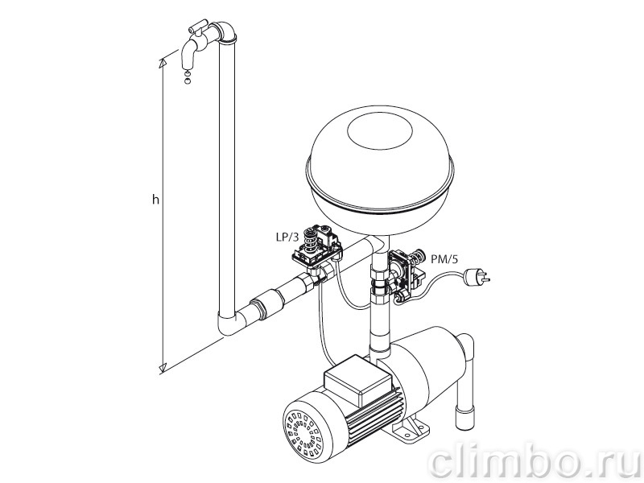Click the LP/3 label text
(287, 237)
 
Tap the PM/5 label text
(444, 259)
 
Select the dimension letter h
(155, 200)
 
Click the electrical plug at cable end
(477, 277)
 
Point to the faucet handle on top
(196, 28)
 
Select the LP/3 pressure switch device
(316, 247)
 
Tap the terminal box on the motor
(356, 381)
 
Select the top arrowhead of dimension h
(163, 63)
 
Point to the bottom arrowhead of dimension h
(163, 367)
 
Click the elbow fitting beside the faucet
(225, 32)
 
